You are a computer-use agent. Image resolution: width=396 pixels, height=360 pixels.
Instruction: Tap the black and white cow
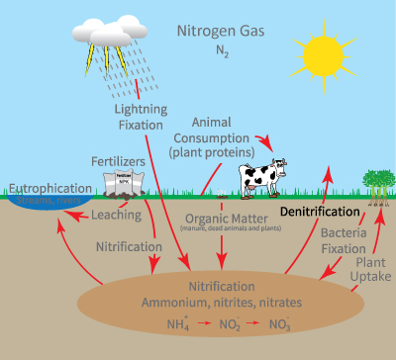[262, 177]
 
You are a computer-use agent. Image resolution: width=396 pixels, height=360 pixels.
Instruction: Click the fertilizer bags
[124, 182]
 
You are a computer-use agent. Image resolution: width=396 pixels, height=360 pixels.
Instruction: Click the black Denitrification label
[318, 212]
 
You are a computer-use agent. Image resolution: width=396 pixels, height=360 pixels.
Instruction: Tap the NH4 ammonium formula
[153, 323]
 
